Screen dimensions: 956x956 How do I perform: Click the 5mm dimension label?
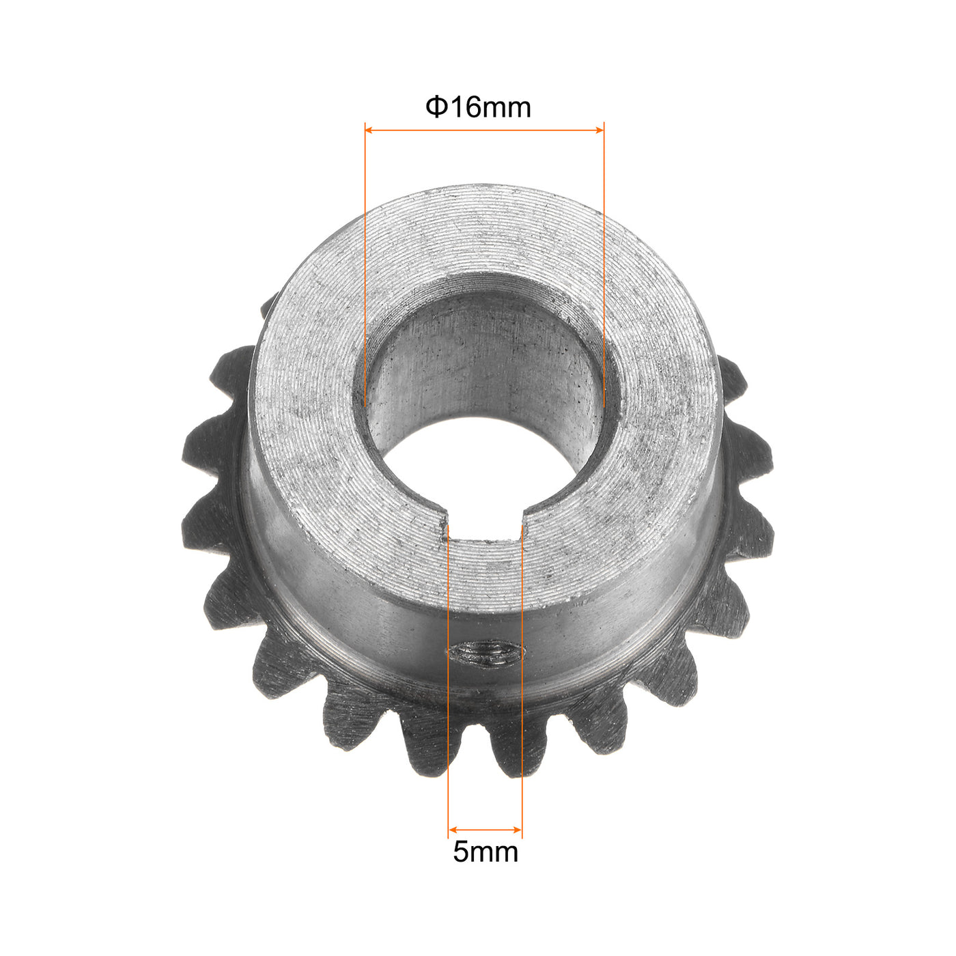[x=486, y=852]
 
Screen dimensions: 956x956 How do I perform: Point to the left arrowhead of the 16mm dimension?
[x=369, y=130]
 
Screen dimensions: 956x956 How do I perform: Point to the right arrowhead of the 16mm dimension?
[x=600, y=130]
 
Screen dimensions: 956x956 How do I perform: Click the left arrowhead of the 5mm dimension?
[x=451, y=829]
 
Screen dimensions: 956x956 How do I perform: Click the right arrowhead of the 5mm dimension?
[x=518, y=829]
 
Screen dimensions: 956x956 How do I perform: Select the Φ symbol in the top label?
[x=435, y=107]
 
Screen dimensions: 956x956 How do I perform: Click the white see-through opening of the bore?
[x=483, y=474]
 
